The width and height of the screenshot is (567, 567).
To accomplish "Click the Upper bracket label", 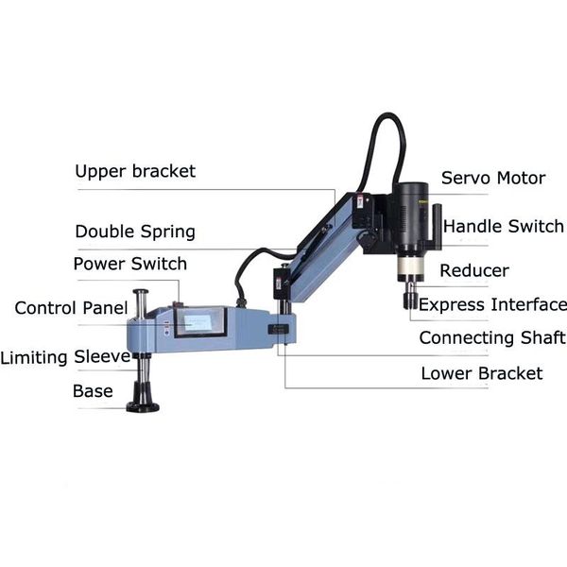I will point(135,171).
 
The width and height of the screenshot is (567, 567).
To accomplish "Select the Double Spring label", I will point(135,232).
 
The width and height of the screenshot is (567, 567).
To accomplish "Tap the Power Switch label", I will point(129,264).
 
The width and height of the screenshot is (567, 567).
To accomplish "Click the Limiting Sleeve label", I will point(65,357).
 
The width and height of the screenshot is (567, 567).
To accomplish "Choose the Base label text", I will point(93,391).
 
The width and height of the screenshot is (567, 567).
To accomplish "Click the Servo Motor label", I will point(493,178).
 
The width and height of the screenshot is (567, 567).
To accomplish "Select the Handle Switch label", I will point(503,227).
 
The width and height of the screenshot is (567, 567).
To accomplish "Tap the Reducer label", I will point(474,271).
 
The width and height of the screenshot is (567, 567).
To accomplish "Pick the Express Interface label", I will point(492,304).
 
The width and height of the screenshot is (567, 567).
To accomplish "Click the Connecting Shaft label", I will point(492,337).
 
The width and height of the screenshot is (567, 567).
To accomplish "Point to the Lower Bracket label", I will point(482,373).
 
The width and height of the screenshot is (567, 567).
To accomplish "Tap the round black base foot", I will point(143,406).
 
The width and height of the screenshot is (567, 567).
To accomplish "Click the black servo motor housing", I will point(412,213).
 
